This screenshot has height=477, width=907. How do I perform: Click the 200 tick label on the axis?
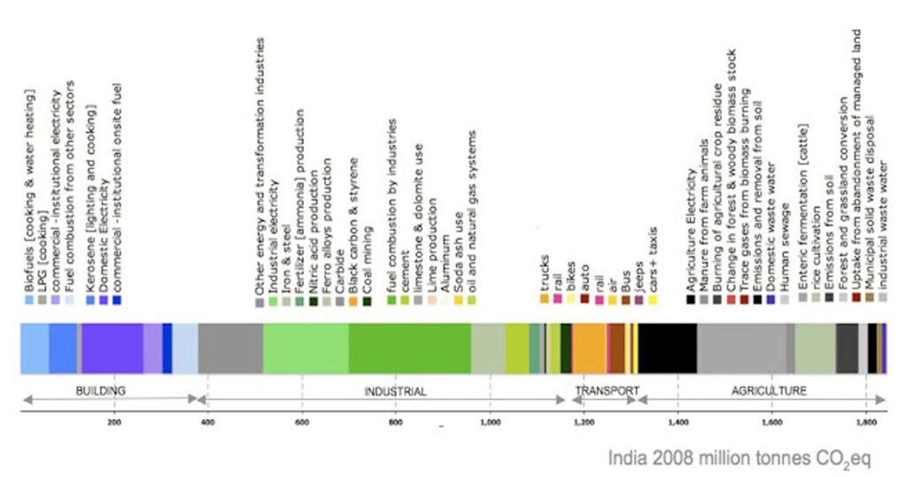click(112, 423)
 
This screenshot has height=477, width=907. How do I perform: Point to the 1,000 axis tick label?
click(490, 423)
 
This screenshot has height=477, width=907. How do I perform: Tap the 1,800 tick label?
click(867, 423)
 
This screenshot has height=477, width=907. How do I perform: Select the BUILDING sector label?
click(100, 390)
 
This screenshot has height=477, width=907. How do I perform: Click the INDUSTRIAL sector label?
click(396, 390)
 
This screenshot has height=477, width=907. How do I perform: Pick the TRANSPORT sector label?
click(607, 390)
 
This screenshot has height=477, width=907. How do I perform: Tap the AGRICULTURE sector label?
click(768, 390)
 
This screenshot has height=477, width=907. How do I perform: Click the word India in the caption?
click(625, 458)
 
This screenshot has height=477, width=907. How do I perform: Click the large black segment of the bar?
click(667, 348)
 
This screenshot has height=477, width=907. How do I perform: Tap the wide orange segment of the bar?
click(589, 348)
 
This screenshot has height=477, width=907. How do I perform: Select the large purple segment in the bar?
click(112, 348)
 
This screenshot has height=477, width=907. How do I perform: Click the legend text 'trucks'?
click(545, 275)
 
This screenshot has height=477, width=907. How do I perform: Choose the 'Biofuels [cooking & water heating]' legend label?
click(29, 190)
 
